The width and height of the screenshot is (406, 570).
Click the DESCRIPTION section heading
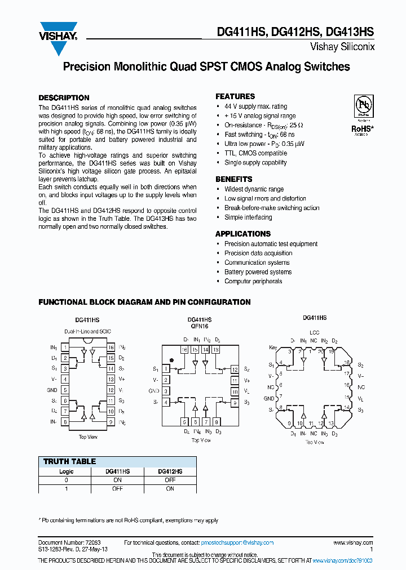tap(64, 97)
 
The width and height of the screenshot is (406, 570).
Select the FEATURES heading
tap(235, 96)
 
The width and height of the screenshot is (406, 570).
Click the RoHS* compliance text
tap(362, 128)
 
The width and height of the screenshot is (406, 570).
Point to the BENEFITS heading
tap(233, 179)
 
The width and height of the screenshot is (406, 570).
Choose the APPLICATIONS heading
tap(243, 234)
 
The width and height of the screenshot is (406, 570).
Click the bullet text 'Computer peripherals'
tap(253, 281)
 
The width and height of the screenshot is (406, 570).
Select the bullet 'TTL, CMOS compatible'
tap(255, 153)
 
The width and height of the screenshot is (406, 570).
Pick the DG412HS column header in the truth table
tap(170, 471)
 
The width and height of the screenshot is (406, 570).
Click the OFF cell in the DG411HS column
tap(117, 489)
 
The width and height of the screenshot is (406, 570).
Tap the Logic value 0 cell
tap(67, 480)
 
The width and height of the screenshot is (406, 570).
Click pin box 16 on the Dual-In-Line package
tap(111, 348)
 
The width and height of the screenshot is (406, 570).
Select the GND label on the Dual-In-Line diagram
tap(52, 390)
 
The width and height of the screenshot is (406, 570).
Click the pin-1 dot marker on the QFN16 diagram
tap(171, 359)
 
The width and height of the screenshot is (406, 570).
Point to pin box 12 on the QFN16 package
tap(235, 369)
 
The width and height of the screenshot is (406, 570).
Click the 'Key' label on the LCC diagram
tap(273, 348)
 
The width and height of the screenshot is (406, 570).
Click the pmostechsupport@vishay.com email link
tap(237, 543)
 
